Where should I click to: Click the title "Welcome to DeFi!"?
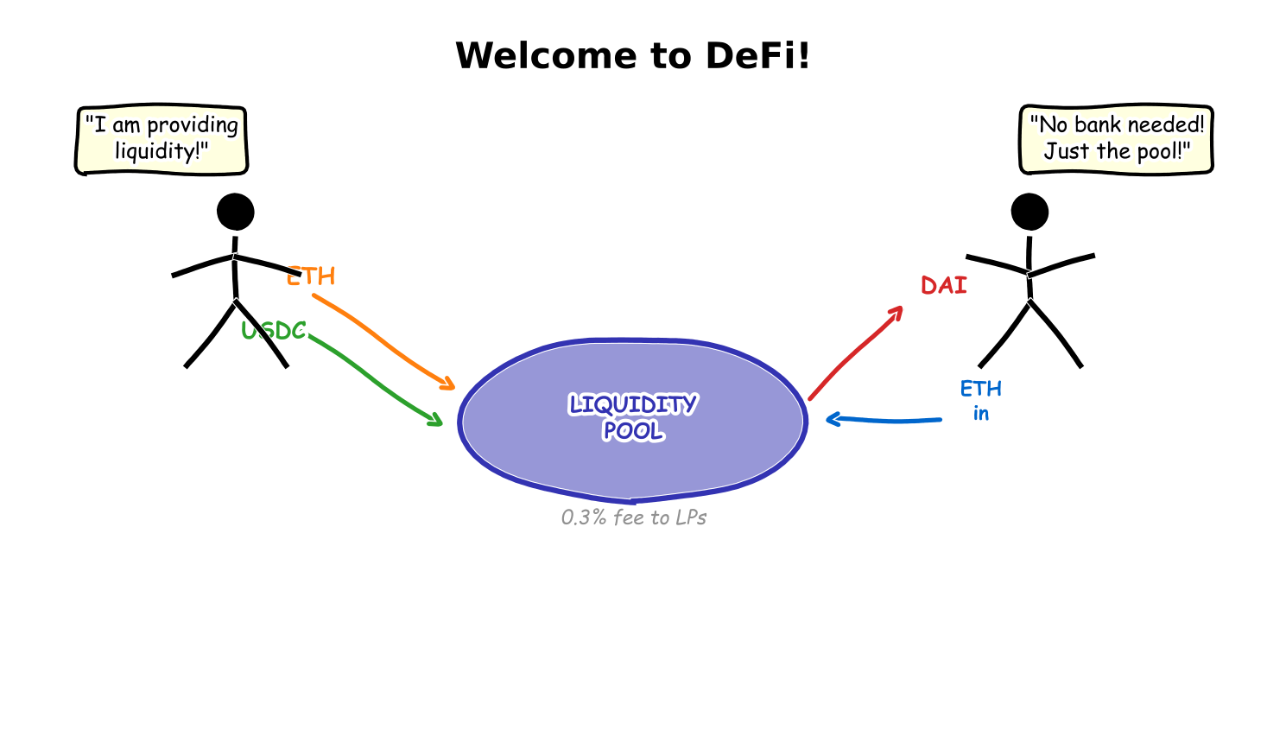click(632, 56)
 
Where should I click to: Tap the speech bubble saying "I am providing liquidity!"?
click(162, 140)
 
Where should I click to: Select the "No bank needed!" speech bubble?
click(1116, 139)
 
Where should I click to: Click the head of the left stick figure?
click(235, 212)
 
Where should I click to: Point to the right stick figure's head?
click(1029, 212)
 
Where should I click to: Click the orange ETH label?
click(311, 276)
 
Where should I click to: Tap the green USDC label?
click(274, 331)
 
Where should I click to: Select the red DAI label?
click(943, 286)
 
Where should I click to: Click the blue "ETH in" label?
click(981, 400)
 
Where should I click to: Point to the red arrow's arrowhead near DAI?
click(897, 311)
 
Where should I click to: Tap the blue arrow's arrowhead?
click(833, 420)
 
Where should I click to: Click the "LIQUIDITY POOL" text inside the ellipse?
click(633, 417)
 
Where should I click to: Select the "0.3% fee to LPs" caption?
click(634, 517)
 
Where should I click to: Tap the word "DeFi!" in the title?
click(757, 56)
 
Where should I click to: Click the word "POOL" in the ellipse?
click(633, 431)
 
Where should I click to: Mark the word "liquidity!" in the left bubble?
click(162, 152)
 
